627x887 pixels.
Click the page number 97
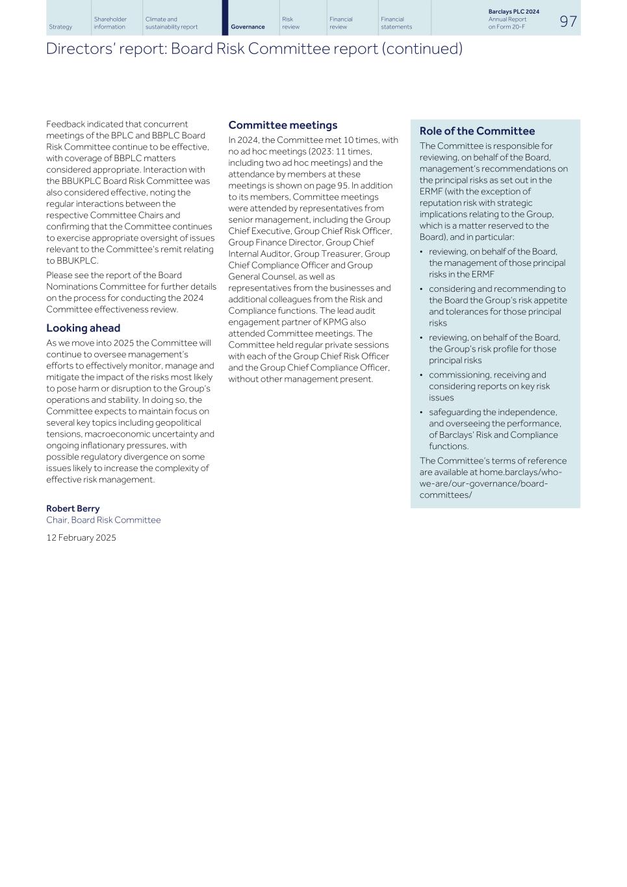tap(568, 21)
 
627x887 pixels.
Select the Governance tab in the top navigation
tap(248, 27)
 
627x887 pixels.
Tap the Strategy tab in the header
tap(60, 27)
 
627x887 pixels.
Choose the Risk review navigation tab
tap(291, 23)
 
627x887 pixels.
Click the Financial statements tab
tap(396, 23)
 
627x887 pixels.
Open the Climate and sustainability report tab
tap(172, 23)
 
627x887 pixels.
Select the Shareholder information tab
tap(110, 23)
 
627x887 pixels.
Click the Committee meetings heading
tap(283, 125)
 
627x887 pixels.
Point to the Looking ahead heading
tap(83, 328)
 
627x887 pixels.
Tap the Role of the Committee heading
tap(477, 131)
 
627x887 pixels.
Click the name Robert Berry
tap(73, 509)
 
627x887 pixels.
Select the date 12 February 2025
tap(81, 538)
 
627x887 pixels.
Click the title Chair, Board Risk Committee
tap(103, 521)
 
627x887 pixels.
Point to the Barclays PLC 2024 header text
tap(513, 12)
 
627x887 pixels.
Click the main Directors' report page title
tap(254, 49)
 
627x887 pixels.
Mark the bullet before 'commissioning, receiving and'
tap(422, 376)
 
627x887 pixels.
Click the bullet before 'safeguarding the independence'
tap(422, 413)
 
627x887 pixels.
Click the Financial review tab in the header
tap(341, 23)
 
